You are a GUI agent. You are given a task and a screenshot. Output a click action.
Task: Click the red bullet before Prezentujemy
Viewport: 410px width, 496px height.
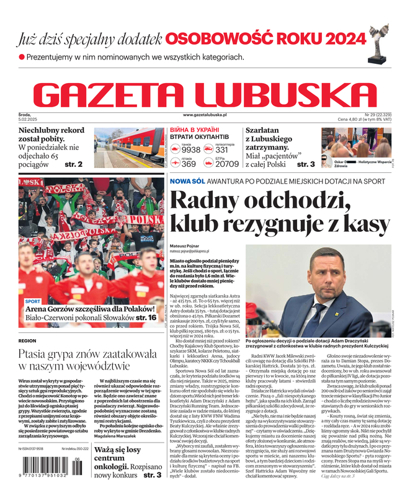click(x=22, y=56)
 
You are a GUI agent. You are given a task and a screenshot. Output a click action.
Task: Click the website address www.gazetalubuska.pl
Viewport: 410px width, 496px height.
click(x=205, y=115)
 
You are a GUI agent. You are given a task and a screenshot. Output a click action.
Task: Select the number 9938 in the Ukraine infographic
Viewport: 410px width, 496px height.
click(x=190, y=150)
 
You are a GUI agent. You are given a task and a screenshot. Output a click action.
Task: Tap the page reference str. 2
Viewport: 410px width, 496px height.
click(x=73, y=164)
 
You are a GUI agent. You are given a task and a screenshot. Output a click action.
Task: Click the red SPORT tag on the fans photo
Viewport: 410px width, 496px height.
click(x=32, y=302)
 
